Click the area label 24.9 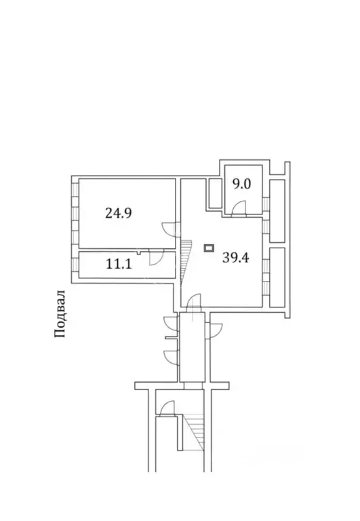(x=118, y=212)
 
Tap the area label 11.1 (x=119, y=265)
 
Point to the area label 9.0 (x=243, y=183)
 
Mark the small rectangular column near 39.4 (x=209, y=248)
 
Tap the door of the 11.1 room (x=155, y=257)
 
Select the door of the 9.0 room (x=239, y=208)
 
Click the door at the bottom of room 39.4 (x=194, y=302)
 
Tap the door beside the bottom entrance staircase (x=167, y=409)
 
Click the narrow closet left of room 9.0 (x=214, y=193)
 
